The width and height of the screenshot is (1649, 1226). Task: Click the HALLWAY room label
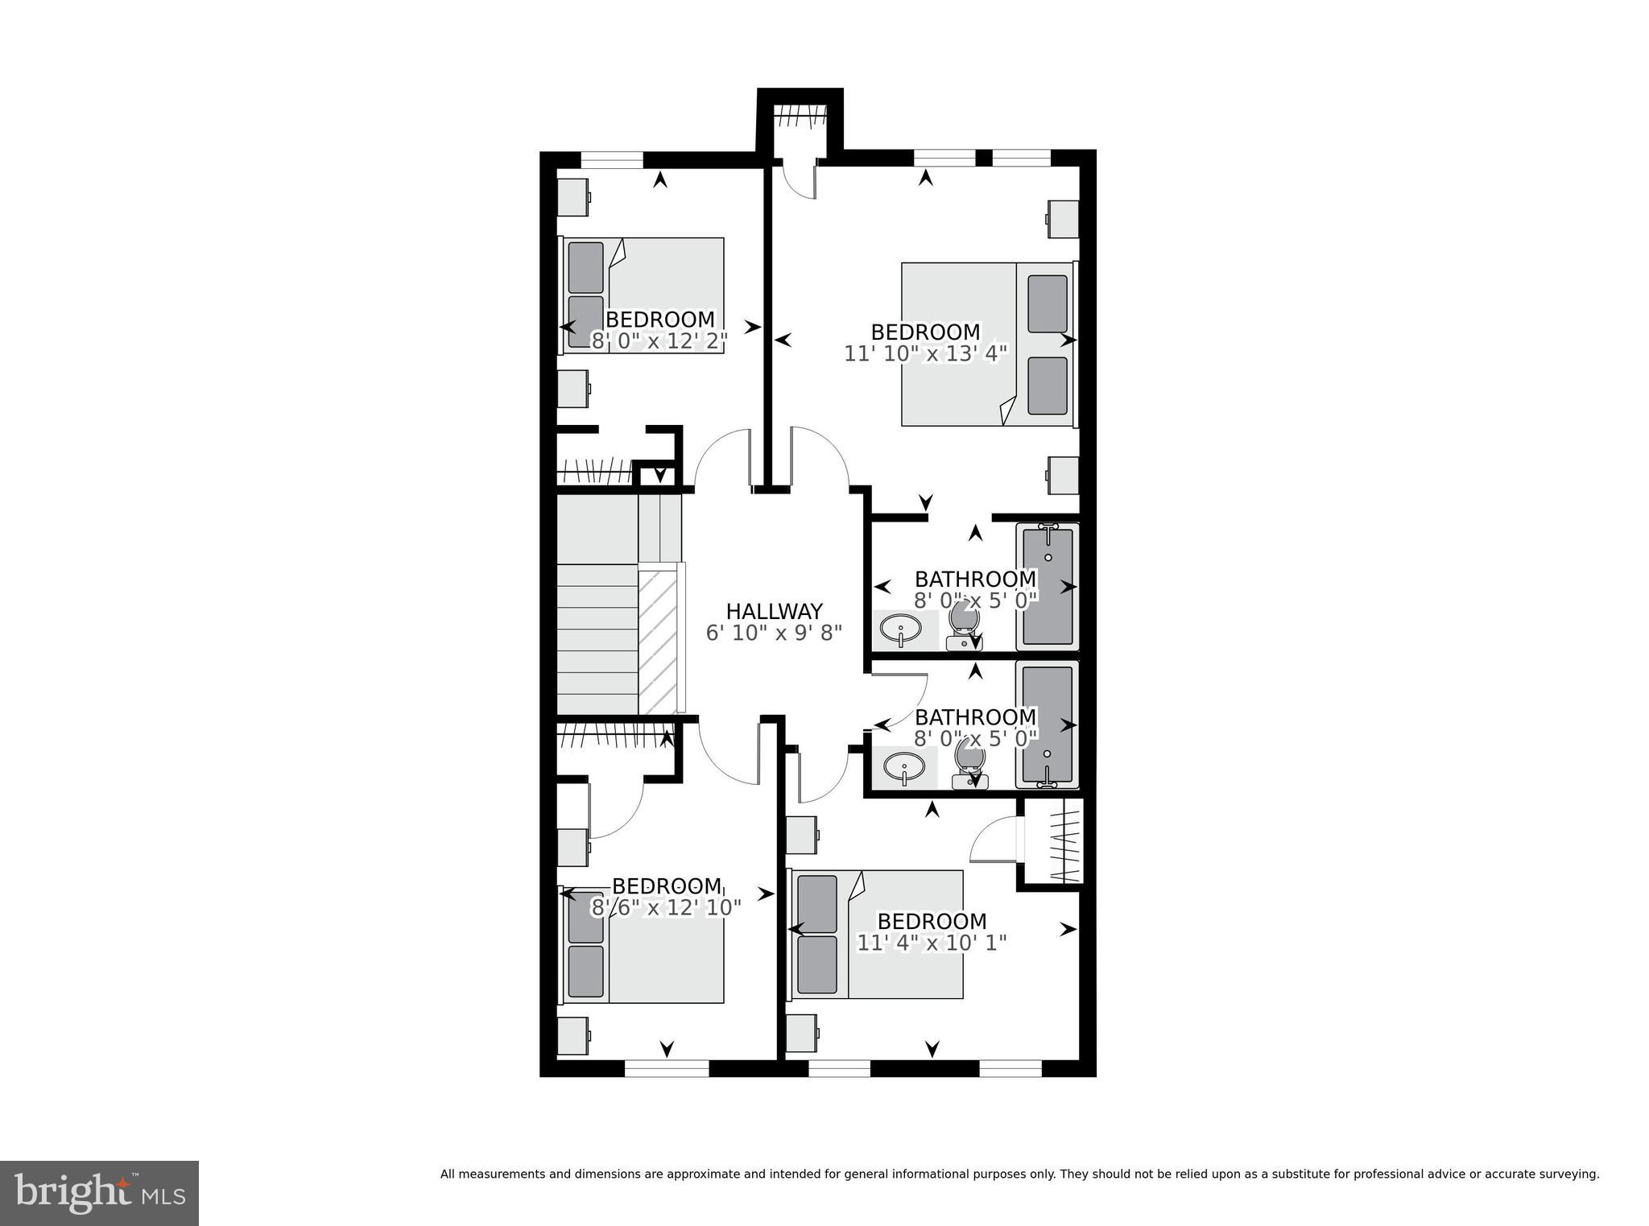(x=774, y=611)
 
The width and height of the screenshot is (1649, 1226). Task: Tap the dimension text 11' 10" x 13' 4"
(x=925, y=354)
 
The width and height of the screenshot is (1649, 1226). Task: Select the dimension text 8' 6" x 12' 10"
(x=666, y=908)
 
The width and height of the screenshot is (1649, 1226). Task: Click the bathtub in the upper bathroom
(x=1047, y=586)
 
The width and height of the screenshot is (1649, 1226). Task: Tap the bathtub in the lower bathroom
(x=1047, y=724)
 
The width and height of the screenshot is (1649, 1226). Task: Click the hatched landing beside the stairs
(x=659, y=640)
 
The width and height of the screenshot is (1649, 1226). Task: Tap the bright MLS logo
(x=99, y=1193)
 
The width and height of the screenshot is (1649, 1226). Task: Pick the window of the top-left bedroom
(x=612, y=160)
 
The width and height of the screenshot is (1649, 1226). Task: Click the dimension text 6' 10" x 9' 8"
(x=774, y=633)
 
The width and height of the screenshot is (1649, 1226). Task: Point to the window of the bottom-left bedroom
(x=666, y=1068)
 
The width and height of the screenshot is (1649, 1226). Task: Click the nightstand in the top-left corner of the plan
(x=573, y=197)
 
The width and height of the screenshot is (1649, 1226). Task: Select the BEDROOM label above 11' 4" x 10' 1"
(x=932, y=921)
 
